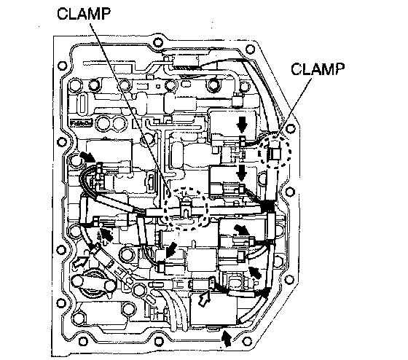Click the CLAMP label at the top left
(x=84, y=13)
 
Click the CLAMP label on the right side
(x=318, y=69)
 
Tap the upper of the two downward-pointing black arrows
(x=242, y=125)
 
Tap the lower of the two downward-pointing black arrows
(x=242, y=173)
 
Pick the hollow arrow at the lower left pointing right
(x=81, y=261)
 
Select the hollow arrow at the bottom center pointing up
(x=204, y=299)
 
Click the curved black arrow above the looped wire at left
(x=87, y=157)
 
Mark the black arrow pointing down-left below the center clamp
(x=171, y=249)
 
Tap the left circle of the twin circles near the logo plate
(x=104, y=123)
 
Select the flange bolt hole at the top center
(x=157, y=42)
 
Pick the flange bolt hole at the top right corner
(x=250, y=50)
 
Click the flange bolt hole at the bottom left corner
(x=83, y=341)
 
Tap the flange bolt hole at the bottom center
(x=158, y=341)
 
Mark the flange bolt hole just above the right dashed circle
(x=291, y=128)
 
